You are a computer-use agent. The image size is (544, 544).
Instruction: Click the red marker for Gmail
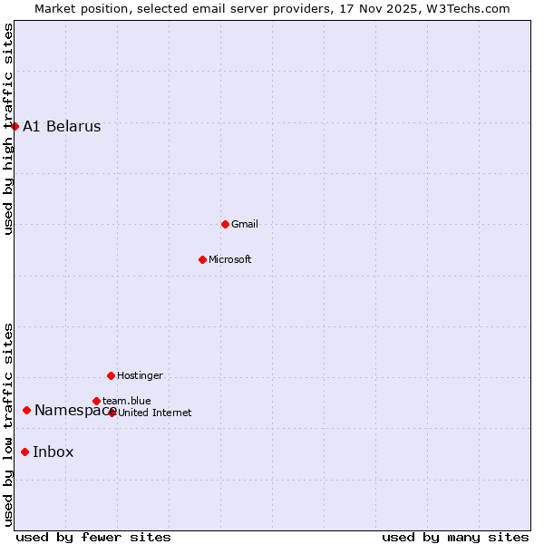coord(225,224)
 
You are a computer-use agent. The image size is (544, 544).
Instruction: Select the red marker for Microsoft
coord(202,259)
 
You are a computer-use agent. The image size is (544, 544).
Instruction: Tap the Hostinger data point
coord(111,375)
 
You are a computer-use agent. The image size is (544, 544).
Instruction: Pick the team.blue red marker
coord(96,401)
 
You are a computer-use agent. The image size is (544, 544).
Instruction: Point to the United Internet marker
coord(112,413)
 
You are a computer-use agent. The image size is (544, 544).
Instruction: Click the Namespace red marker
coord(26,411)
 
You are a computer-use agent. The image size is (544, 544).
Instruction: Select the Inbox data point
coord(24,452)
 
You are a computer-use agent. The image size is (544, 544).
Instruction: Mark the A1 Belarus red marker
coord(15,126)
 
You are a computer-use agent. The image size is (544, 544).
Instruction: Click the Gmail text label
coord(245,225)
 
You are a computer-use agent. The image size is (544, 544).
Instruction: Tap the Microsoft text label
coord(230,260)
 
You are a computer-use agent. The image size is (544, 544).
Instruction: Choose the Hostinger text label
coord(140,376)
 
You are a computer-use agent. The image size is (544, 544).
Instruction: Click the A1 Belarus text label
coord(62,127)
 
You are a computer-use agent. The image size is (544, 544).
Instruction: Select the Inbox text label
coord(53,452)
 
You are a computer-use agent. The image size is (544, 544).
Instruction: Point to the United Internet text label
coord(155,413)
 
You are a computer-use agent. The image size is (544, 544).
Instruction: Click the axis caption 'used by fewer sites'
coord(93,538)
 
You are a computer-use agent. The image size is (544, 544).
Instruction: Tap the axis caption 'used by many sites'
coord(455,538)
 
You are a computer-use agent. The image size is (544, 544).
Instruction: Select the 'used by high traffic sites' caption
coord(9,129)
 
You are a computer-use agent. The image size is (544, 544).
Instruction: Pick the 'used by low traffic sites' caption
coord(9,424)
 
